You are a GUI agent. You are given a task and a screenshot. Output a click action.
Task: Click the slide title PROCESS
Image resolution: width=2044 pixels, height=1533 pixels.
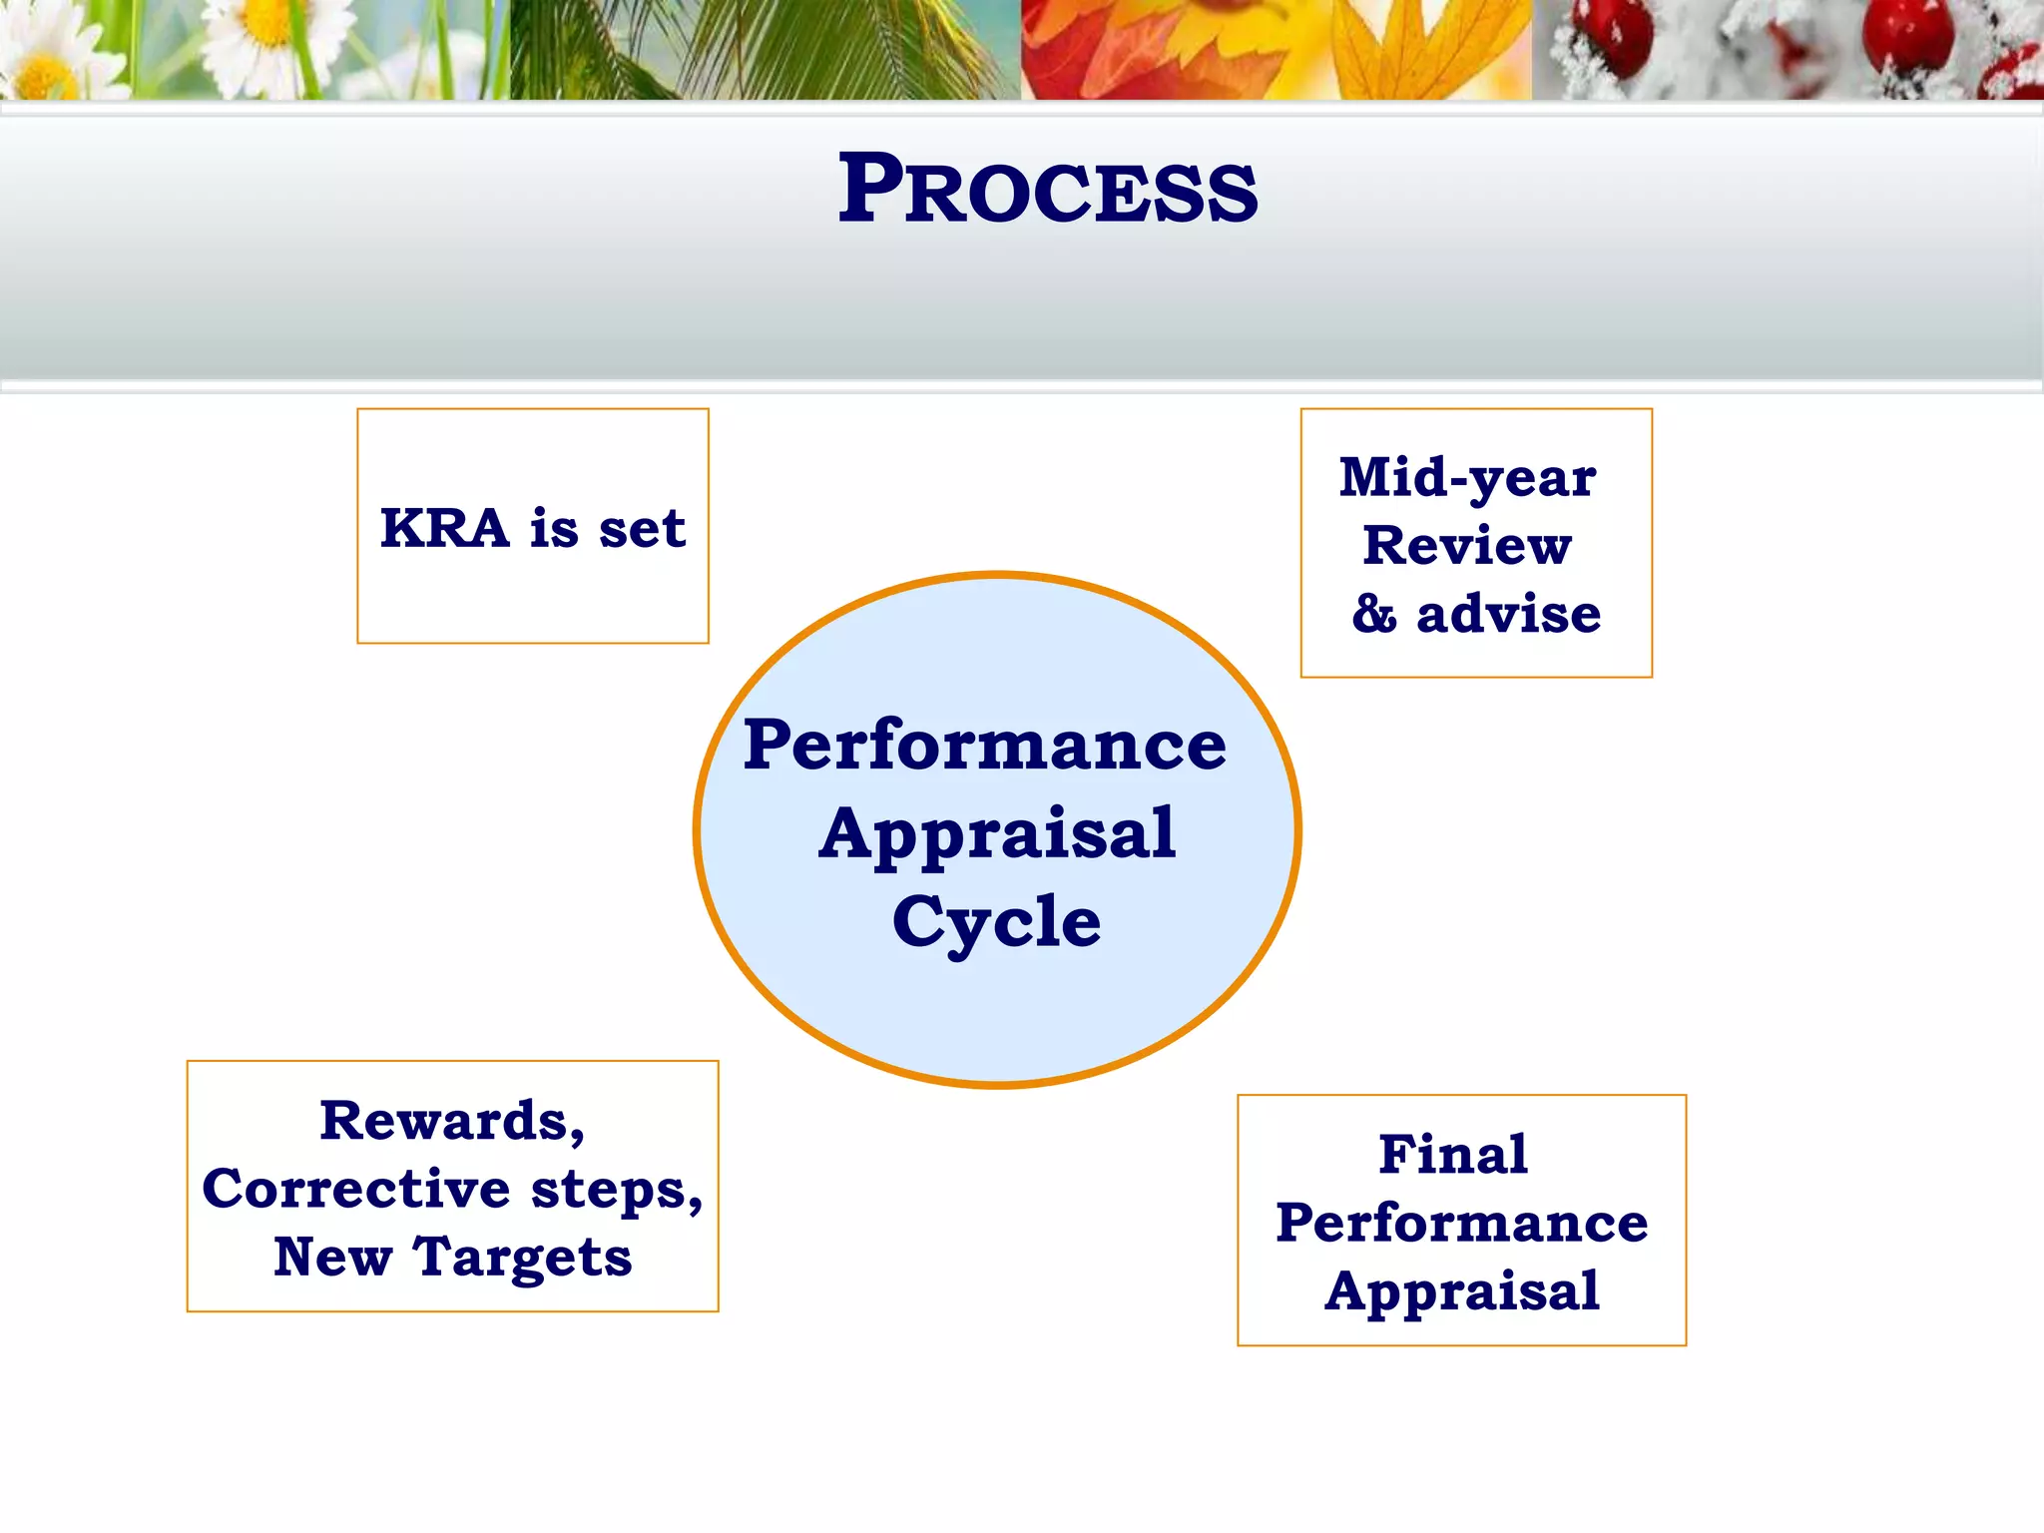pos(1047,190)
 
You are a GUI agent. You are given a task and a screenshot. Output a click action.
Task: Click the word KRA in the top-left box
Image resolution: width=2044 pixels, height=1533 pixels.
pos(444,528)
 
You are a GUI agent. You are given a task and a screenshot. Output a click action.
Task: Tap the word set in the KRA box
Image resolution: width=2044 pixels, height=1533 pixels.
pos(642,528)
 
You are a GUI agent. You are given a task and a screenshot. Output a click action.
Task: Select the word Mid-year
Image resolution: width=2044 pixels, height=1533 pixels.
pos(1467,477)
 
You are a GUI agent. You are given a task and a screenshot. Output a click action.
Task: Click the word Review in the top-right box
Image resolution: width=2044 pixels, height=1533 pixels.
pos(1467,545)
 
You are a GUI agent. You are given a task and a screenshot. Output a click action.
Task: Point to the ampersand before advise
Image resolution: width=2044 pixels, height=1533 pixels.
pos(1374,613)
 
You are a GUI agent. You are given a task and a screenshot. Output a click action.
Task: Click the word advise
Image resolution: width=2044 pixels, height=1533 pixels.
pos(1508,613)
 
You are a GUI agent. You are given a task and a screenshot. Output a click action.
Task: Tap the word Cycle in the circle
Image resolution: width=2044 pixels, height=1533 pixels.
pos(996,921)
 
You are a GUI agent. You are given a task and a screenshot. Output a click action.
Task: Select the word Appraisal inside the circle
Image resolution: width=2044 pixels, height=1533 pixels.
pos(996,833)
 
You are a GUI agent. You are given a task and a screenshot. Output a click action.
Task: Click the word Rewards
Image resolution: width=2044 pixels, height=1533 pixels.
pos(452,1120)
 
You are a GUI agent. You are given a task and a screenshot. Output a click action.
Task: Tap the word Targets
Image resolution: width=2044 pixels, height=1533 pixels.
pos(522,1258)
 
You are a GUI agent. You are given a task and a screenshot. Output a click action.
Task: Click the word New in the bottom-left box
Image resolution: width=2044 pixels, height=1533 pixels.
pos(332,1257)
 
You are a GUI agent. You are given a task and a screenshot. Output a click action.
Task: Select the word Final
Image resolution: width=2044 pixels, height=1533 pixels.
pos(1453,1155)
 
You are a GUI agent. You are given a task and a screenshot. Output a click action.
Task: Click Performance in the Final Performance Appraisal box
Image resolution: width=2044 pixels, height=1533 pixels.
pos(1461,1223)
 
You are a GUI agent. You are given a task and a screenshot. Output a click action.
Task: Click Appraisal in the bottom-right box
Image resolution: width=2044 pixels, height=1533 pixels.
pos(1461,1291)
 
